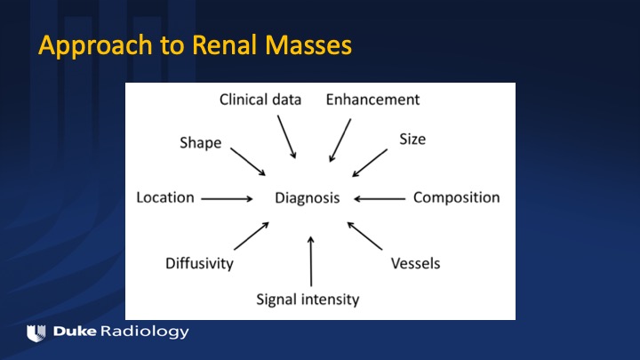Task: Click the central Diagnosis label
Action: [x=308, y=198]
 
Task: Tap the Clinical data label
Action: [x=260, y=99]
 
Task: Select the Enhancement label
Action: [x=372, y=99]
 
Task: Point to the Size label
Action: [x=412, y=140]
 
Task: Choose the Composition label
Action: [x=456, y=197]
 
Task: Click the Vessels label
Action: [x=415, y=263]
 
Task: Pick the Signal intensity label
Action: [x=308, y=299]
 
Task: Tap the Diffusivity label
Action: [x=199, y=263]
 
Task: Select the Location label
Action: [x=164, y=197]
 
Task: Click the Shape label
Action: [x=200, y=143]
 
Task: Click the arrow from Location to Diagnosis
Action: [x=227, y=199]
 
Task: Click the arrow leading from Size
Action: [x=370, y=163]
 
